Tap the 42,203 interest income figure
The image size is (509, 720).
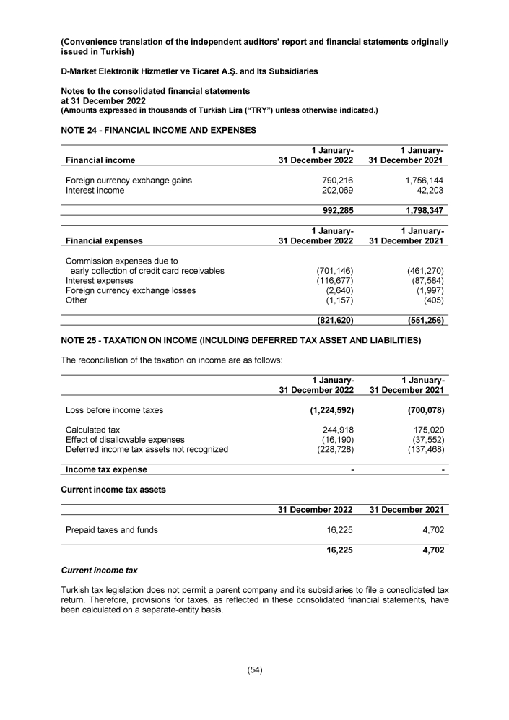[x=427, y=191]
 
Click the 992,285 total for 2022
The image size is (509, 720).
[x=334, y=211]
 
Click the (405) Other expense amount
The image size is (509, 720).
[x=433, y=300]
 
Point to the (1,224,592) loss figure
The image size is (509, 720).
[x=326, y=410]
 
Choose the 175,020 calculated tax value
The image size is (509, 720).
[x=426, y=429]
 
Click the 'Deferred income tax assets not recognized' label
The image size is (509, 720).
[x=147, y=449]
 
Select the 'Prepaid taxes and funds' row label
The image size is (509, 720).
[x=112, y=530]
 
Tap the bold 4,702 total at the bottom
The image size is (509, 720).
[x=430, y=550]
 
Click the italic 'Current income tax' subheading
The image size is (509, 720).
[x=99, y=571]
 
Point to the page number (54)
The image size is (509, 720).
[x=254, y=669]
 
